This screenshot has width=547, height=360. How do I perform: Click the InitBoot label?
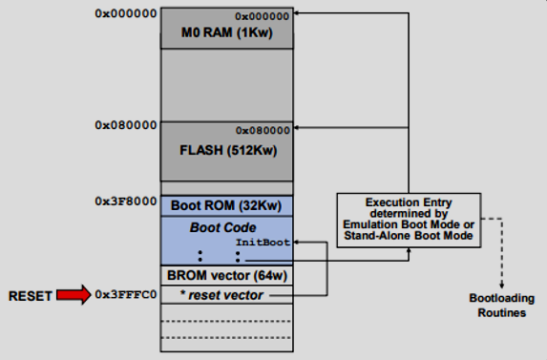[x=263, y=243]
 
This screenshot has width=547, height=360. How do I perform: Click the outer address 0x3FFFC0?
[x=126, y=296]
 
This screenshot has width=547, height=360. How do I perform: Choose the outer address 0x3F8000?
[x=126, y=201]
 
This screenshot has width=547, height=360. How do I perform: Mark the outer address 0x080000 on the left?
[x=126, y=125]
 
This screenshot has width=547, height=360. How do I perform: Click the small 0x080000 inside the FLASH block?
[x=263, y=130]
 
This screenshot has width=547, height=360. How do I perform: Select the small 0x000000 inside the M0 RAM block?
[x=263, y=16]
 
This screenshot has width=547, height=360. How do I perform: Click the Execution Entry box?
[x=409, y=219]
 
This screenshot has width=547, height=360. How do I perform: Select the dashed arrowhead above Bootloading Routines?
[x=500, y=284]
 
